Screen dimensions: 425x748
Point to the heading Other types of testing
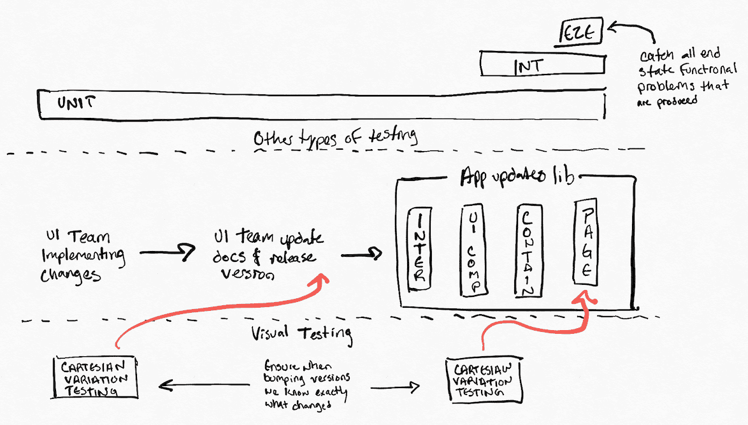(335, 138)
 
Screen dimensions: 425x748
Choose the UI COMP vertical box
(472, 251)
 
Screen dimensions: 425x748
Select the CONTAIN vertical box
(528, 250)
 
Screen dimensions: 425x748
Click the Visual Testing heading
(302, 332)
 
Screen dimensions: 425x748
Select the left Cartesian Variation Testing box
(95, 377)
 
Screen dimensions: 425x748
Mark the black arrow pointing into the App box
(361, 256)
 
